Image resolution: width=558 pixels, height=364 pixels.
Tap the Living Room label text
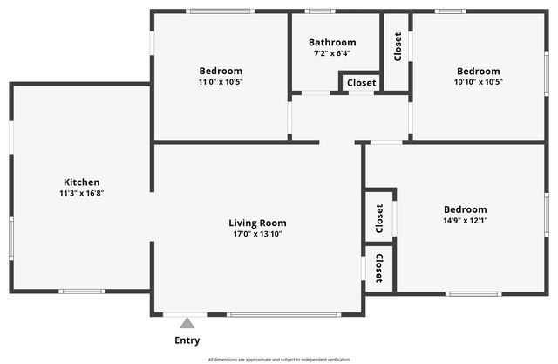[x=257, y=223]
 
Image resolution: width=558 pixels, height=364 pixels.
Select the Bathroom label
[x=332, y=42]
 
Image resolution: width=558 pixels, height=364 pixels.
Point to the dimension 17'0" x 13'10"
[x=257, y=234]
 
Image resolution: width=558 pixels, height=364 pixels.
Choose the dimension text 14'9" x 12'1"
[x=465, y=221]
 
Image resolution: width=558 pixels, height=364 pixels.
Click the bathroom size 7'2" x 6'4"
[x=332, y=53]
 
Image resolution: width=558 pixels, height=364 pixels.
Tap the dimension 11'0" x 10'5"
[x=221, y=82]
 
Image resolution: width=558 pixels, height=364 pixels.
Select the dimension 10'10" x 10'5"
[x=478, y=82]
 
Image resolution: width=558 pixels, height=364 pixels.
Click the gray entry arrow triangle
[x=187, y=323]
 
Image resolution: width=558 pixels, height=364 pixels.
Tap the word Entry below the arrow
[x=187, y=340]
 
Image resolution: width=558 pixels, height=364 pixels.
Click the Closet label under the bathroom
[x=361, y=83]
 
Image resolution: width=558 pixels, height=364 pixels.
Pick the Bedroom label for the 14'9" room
[x=465, y=209]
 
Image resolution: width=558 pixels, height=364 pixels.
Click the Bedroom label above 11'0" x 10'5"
[x=221, y=71]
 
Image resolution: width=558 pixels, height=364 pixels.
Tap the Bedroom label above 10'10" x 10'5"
[x=478, y=71]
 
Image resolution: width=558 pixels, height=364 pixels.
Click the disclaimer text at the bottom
[x=279, y=360]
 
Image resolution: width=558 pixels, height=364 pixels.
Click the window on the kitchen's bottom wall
[x=82, y=292]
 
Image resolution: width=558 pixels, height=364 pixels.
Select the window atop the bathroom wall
[x=320, y=11]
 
